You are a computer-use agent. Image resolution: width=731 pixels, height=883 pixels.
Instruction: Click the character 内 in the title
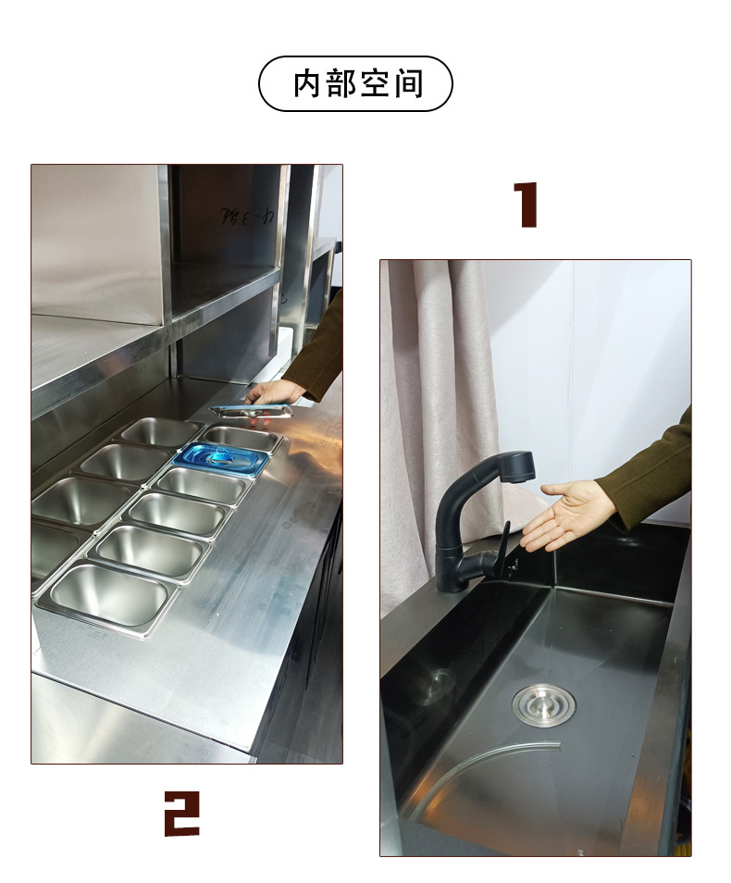[x=307, y=83]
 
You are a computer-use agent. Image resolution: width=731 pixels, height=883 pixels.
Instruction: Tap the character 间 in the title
[x=407, y=83]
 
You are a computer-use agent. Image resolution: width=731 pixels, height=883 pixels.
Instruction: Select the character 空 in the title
[x=374, y=83]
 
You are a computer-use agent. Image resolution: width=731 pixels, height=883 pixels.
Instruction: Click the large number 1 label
[x=526, y=205]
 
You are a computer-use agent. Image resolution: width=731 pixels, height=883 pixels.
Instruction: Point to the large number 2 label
[x=181, y=813]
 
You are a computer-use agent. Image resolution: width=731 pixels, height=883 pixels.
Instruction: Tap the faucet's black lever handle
[x=502, y=548]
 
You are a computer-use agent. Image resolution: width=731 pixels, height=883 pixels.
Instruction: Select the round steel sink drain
[x=543, y=703]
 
